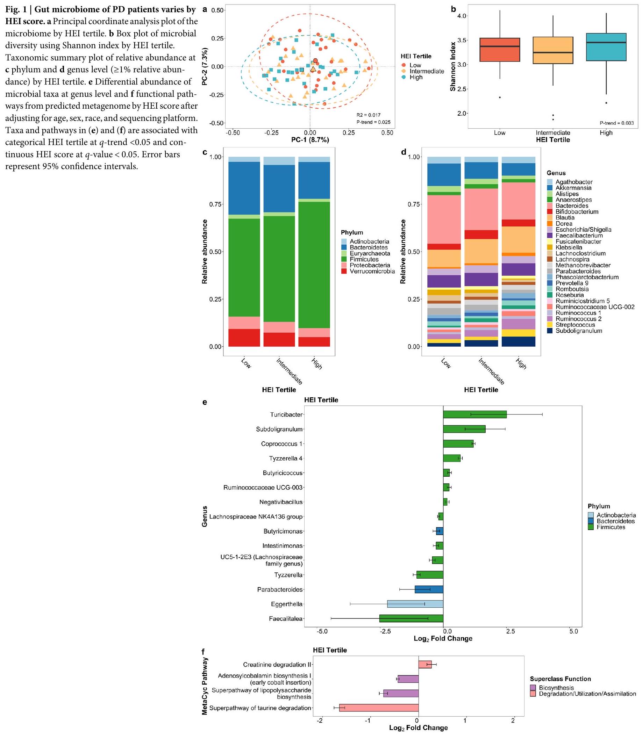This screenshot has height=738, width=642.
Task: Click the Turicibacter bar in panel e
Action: [475, 414]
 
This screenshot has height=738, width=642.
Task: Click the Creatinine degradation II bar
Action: [425, 665]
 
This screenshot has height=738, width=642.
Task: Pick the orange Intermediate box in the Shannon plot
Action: [553, 50]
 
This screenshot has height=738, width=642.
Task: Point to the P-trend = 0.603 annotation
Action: [616, 123]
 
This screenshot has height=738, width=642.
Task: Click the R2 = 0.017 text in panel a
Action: [368, 115]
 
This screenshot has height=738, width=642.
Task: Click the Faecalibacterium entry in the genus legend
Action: [579, 236]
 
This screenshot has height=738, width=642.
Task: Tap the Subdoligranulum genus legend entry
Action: [578, 331]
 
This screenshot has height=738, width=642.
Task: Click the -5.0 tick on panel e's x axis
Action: [322, 631]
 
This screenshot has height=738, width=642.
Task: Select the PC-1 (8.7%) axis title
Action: [310, 140]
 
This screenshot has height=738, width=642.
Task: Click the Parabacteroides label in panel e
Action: [280, 589]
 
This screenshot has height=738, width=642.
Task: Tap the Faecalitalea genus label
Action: [286, 619]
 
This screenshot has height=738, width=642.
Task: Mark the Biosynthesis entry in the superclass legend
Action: [556, 688]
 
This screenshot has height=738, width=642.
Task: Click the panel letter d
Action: [404, 152]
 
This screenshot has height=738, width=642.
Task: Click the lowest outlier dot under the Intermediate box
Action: [553, 120]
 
